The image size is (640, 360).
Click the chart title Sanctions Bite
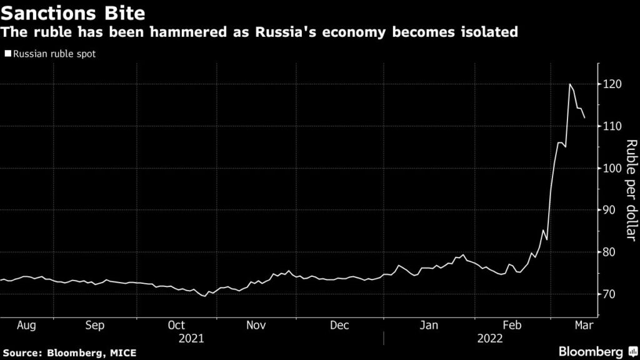[69, 11]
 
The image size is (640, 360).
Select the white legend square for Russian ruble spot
[7, 54]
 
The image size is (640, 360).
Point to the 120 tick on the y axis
[614, 84]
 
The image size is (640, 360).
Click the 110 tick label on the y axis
[614, 126]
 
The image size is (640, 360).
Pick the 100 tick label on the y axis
[614, 169]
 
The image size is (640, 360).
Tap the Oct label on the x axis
[177, 326]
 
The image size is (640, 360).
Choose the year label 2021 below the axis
[191, 338]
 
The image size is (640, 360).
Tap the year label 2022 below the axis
[489, 338]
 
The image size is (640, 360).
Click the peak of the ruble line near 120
[570, 84]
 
